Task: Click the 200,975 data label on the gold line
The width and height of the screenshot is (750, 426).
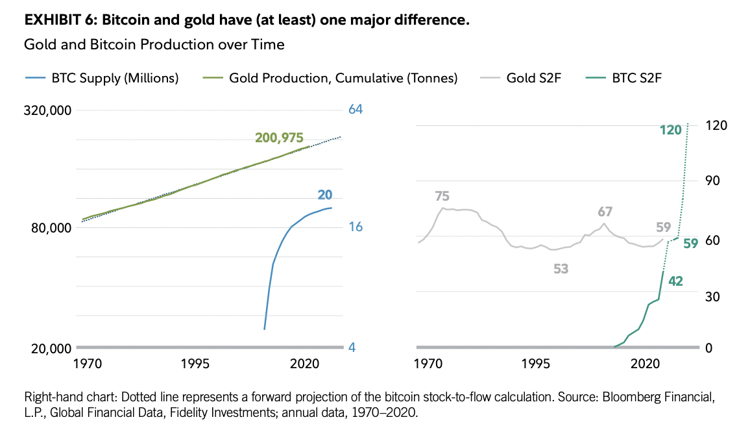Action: click(279, 137)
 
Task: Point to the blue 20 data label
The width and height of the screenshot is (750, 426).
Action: click(325, 195)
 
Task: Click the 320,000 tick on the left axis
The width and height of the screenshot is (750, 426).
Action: click(47, 110)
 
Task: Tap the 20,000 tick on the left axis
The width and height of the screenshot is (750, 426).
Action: click(50, 348)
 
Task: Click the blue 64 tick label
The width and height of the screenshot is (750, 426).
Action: click(355, 109)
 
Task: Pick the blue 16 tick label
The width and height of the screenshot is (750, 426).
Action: click(355, 227)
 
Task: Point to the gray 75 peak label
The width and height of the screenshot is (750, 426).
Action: click(442, 196)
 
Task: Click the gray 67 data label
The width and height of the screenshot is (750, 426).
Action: click(605, 212)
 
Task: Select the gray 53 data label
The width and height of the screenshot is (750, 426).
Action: click(561, 268)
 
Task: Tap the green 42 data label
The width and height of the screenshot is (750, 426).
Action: click(675, 281)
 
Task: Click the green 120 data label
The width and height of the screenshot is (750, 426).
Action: click(671, 130)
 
